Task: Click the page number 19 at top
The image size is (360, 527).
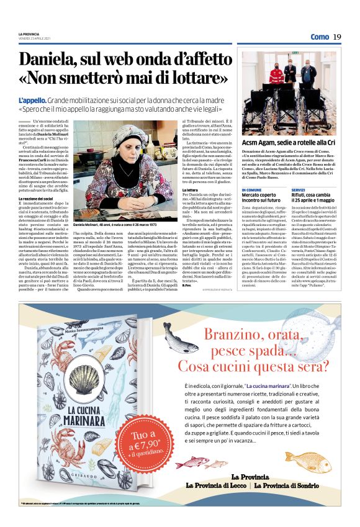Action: coord(337,37)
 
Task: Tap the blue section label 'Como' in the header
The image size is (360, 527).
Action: coord(320,37)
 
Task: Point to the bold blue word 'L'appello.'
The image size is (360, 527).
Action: coord(30,100)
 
